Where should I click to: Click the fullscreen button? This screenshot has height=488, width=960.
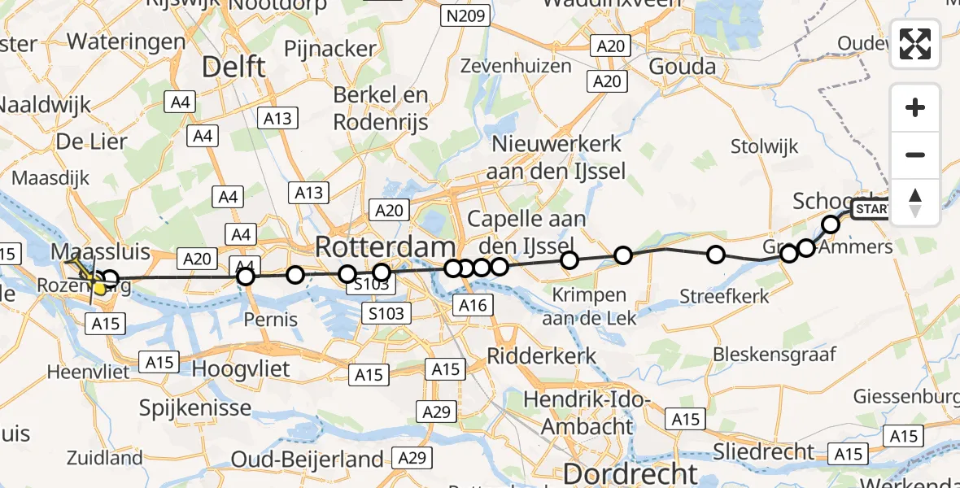point(915,44)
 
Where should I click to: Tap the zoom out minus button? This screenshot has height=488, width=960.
point(915,155)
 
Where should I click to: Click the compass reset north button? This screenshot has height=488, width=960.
point(915,202)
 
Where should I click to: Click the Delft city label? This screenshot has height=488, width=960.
point(233,67)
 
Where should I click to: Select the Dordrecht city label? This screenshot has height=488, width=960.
point(631,473)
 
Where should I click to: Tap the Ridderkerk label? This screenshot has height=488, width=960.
point(542,355)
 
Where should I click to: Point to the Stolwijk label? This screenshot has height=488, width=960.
point(764,147)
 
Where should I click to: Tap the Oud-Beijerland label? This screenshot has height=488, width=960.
point(307,459)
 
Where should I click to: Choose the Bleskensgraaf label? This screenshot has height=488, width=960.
point(771,355)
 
